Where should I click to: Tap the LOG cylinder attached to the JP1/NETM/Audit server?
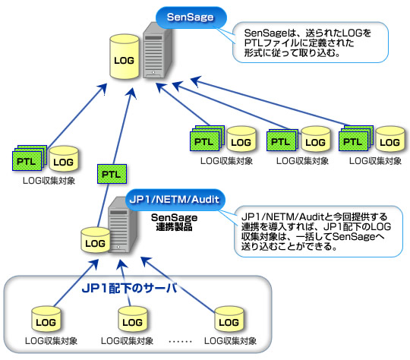pyautogui.click(x=95, y=242)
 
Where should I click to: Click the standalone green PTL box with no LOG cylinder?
pyautogui.click(x=111, y=174)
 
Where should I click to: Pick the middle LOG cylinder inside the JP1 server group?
pyautogui.click(x=128, y=317)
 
